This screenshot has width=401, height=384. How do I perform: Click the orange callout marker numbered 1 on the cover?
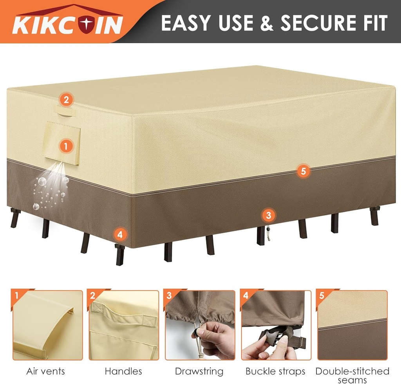65,146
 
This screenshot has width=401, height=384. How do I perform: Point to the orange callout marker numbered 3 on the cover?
268,215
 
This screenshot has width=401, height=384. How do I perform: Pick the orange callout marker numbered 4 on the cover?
120,235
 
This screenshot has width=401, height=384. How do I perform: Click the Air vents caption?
45,371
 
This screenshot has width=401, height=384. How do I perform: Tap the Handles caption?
123,371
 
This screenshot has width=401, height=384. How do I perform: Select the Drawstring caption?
199,371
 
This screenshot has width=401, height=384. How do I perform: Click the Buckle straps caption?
275,371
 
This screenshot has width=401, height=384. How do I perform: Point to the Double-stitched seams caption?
352,375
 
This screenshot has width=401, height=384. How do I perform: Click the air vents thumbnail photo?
48,325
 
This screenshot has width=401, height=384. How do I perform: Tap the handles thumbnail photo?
124,325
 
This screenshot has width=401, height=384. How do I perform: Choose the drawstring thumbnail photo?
200,325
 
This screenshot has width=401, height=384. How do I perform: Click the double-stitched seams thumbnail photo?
352,325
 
